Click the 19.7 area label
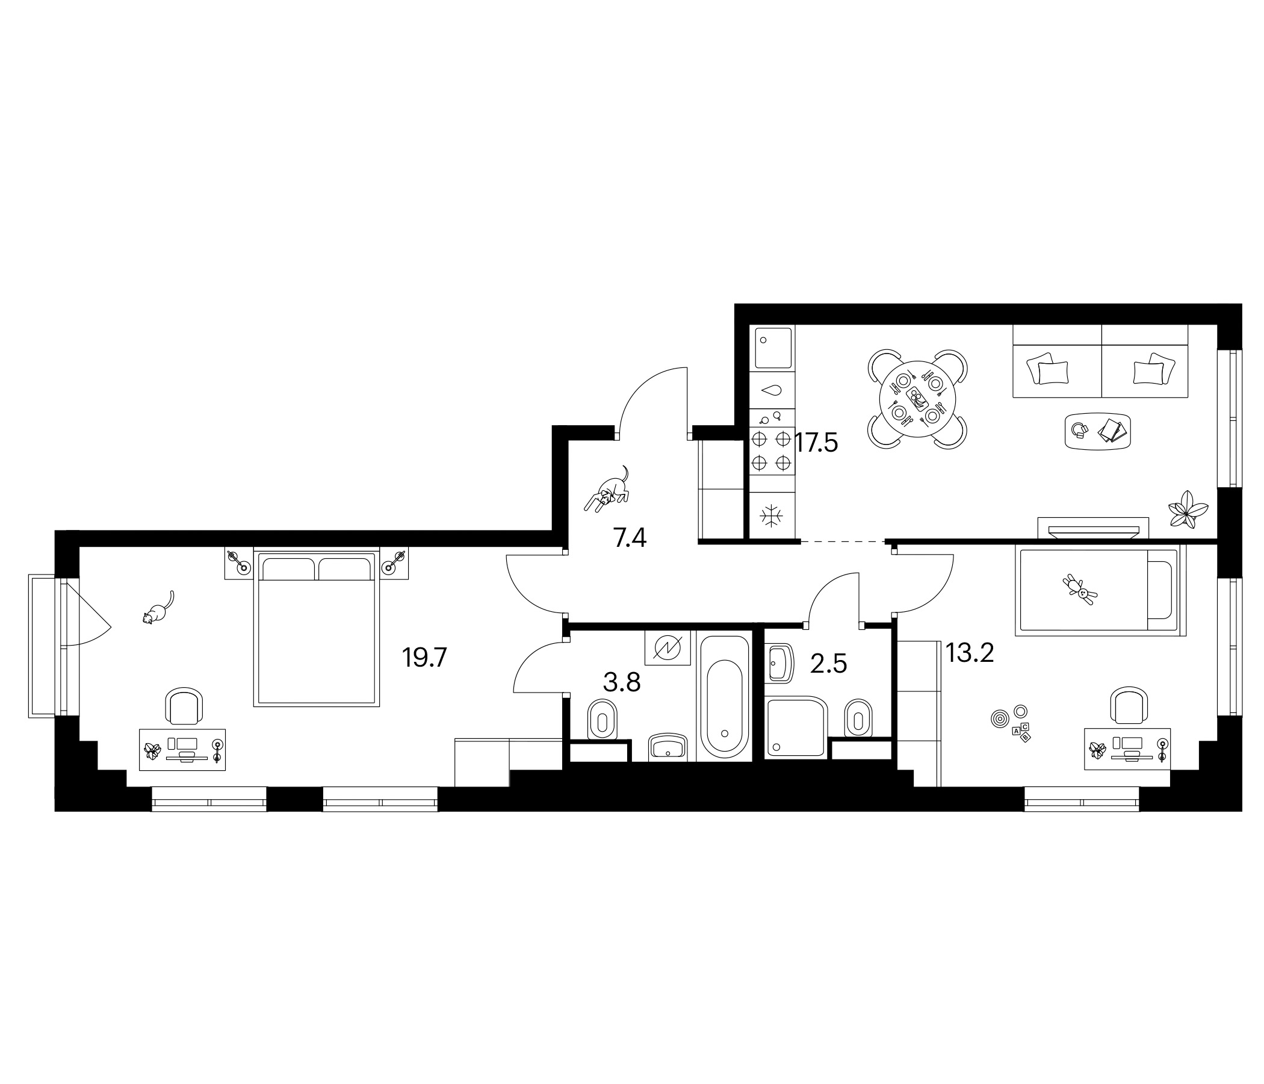pyautogui.click(x=424, y=658)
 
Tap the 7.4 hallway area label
pyautogui.click(x=630, y=538)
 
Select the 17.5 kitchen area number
pyautogui.click(x=816, y=442)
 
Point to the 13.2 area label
pyautogui.click(x=969, y=653)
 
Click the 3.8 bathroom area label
pyautogui.click(x=622, y=682)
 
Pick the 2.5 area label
pyautogui.click(x=828, y=664)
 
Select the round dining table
pyautogui.click(x=917, y=399)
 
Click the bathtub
pyautogui.click(x=724, y=696)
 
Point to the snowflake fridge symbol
pyautogui.click(x=771, y=516)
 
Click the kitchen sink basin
pyautogui.click(x=773, y=348)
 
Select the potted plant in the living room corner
pyautogui.click(x=1187, y=509)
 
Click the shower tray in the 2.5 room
pyautogui.click(x=796, y=729)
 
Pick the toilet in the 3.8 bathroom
pyautogui.click(x=602, y=721)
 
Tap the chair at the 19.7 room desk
pyautogui.click(x=184, y=706)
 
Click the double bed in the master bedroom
pyautogui.click(x=316, y=629)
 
